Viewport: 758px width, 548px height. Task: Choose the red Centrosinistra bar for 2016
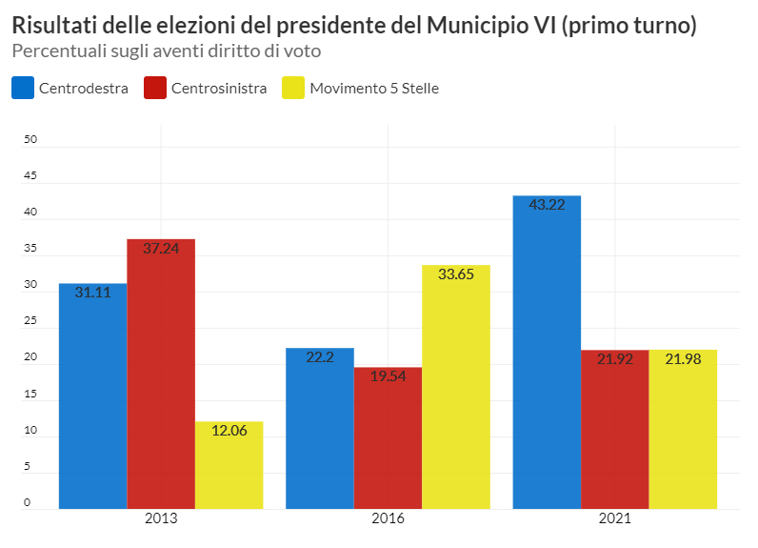(388, 437)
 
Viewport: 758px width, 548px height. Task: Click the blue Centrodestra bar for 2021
(547, 352)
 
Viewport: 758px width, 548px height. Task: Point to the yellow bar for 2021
(683, 429)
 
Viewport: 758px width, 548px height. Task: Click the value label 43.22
(547, 205)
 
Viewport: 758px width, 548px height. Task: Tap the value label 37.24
(161, 249)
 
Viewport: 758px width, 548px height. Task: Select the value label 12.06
(229, 431)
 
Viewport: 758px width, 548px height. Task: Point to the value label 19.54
(388, 376)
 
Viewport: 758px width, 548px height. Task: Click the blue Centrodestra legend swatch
(23, 89)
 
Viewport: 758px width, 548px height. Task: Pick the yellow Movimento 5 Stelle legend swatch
(293, 89)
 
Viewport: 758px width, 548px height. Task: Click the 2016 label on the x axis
(388, 519)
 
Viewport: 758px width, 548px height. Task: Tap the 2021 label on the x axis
(615, 519)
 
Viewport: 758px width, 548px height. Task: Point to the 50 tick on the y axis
(30, 140)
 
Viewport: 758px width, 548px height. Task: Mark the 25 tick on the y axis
(30, 321)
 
